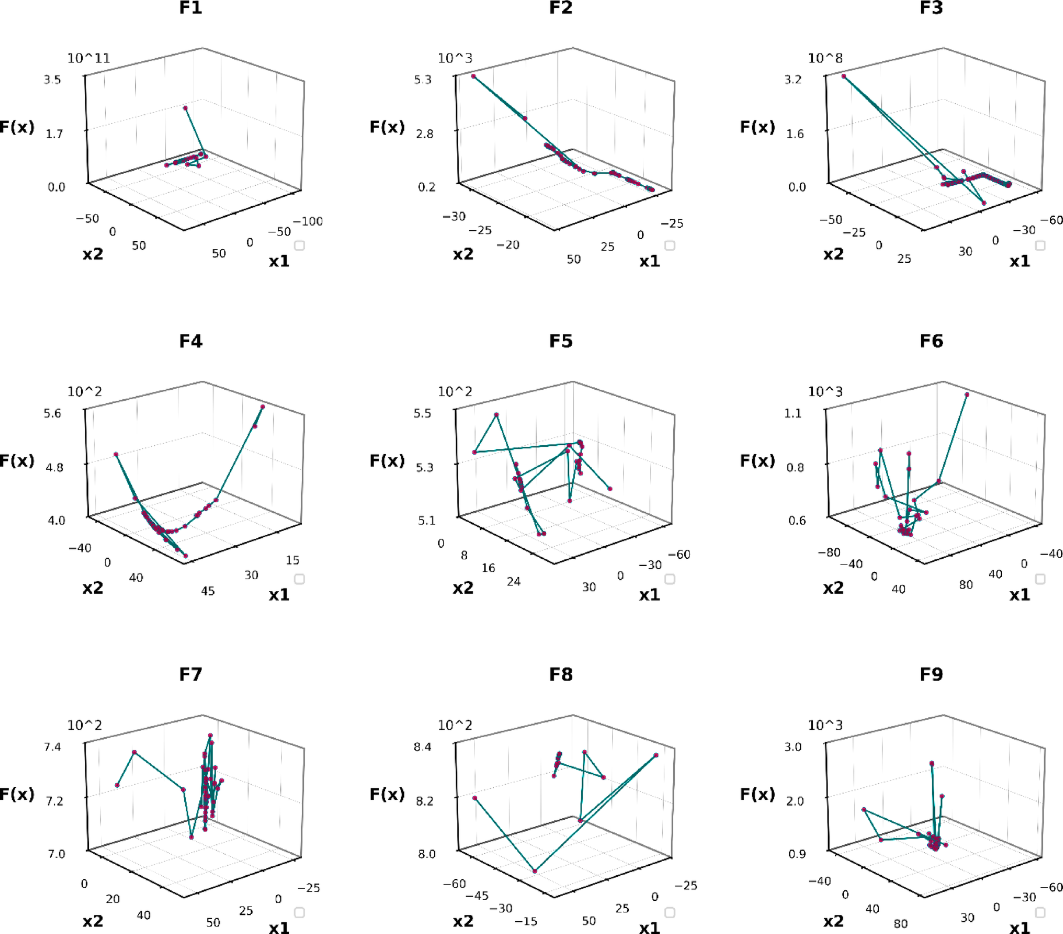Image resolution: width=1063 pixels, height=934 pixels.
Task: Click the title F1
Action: pos(191,8)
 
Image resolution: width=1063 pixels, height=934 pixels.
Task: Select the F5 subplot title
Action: pos(561,341)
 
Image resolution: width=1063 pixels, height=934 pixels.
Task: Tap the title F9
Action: pos(931,674)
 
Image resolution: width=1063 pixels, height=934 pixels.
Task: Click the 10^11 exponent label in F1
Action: pos(89,58)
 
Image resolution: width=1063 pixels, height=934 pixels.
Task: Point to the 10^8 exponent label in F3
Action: pos(825,58)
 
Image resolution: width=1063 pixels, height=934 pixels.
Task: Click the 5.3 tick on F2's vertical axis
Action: pos(423,79)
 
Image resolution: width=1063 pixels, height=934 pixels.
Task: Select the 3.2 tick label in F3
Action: pos(793,79)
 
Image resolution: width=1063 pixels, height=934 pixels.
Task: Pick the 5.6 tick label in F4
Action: pos(52,413)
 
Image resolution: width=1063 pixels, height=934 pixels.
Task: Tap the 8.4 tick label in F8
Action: pos(423,746)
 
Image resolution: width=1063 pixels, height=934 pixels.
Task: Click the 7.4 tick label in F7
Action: pos(52,746)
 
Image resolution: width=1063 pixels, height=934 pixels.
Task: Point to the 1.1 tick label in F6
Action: pos(793,413)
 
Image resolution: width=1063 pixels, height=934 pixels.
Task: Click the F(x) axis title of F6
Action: pos(757,460)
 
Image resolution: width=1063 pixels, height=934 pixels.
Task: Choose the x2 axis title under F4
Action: pos(93,587)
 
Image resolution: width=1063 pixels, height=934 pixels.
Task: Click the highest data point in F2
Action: pos(473,76)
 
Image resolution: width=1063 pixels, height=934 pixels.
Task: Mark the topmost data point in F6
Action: pos(967,394)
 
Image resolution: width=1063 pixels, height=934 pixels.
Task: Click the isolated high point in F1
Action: pos(185,108)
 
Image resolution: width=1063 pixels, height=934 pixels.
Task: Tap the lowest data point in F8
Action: pos(535,871)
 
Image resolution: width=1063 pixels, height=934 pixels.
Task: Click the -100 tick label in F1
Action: pos(308,221)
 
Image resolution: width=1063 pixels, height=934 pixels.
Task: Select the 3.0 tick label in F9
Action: pos(793,746)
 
